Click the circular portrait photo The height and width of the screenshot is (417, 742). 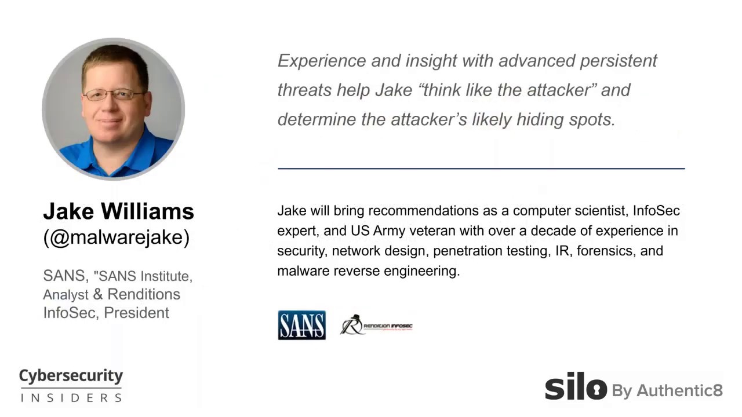pos(113,109)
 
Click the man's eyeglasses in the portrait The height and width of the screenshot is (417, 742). pos(114,94)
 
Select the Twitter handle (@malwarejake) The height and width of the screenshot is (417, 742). pos(116,237)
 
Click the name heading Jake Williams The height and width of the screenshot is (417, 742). pos(118,211)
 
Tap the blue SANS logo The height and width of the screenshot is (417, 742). pos(301,325)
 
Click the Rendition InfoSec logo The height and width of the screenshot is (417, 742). pos(376,325)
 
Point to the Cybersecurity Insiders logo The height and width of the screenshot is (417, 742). pos(71,385)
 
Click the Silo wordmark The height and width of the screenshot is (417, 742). pos(575,386)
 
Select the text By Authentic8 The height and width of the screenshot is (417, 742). pos(667,391)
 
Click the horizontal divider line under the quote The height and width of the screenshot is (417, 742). pos(481,169)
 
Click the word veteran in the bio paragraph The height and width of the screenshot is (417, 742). pos(432,231)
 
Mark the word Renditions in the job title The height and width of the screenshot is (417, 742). pos(144,294)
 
